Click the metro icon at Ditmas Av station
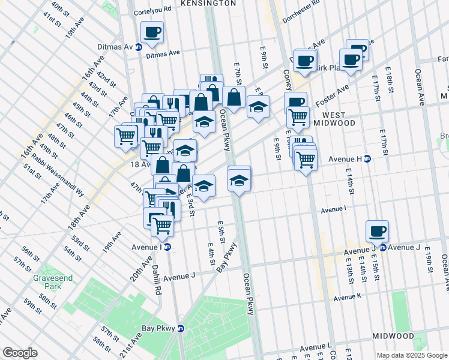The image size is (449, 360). click(139, 47)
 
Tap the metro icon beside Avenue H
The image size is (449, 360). click(367, 158)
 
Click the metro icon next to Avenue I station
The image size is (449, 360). click(168, 247)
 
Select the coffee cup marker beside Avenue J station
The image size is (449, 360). click(377, 231)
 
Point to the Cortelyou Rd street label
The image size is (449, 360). click(152, 10)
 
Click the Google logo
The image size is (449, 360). click(20, 353)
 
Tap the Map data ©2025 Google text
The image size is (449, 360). click(412, 355)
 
